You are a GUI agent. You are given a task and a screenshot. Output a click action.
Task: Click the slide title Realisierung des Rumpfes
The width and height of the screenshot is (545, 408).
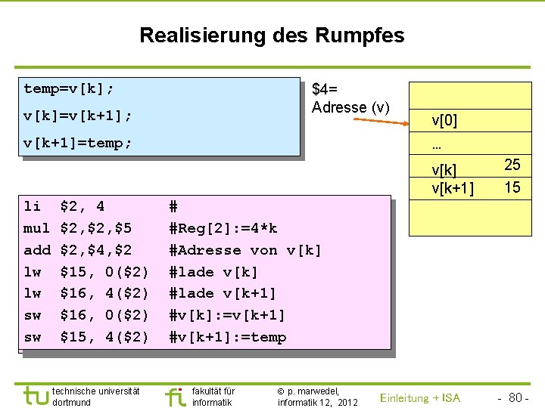[x=272, y=36]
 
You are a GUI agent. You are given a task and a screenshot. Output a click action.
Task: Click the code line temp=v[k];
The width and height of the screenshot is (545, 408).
[x=69, y=89]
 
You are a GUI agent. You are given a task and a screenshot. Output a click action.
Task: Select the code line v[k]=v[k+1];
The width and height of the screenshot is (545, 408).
[x=78, y=116]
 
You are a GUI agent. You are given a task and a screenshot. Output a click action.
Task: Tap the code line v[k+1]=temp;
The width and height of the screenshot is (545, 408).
[x=78, y=143]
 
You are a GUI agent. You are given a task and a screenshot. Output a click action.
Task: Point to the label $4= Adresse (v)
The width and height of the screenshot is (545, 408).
[x=350, y=98]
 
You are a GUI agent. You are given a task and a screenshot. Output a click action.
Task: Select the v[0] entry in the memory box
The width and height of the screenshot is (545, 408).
[x=444, y=120]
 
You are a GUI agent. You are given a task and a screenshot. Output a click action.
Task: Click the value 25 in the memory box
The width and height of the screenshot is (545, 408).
[x=512, y=165]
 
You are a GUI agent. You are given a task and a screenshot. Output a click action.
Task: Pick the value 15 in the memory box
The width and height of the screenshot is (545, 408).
[x=512, y=187]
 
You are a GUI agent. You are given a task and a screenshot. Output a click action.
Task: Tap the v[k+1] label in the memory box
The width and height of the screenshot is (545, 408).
[x=453, y=188]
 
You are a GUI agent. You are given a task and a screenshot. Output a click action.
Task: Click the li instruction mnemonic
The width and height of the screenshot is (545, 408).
[x=33, y=206]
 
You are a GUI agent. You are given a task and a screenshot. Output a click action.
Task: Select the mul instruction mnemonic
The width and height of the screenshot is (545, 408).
[x=36, y=228]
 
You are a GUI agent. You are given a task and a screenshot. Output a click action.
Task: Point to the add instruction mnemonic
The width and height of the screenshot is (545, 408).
[x=36, y=250]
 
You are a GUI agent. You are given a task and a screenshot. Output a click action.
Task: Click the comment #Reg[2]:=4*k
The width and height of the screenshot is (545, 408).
[x=223, y=228]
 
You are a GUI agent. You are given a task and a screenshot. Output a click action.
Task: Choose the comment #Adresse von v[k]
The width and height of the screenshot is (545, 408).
[x=245, y=250]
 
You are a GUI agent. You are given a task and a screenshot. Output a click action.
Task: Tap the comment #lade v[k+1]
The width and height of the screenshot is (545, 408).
[x=223, y=293]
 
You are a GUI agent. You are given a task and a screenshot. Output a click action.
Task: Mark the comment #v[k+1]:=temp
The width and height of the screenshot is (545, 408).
[x=228, y=337]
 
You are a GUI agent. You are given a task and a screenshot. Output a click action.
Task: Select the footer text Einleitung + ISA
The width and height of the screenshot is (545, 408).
[x=419, y=398]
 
